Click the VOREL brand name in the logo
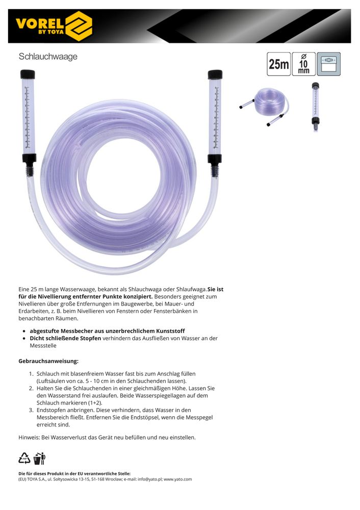click(40, 23)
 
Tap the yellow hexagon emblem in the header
click(79, 26)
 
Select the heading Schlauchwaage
click(48, 57)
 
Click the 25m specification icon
click(279, 64)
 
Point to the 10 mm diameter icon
click(303, 64)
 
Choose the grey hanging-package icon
click(328, 64)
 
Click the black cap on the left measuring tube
click(28, 74)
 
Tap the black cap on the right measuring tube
click(215, 74)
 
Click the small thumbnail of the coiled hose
click(264, 106)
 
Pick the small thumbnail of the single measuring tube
click(315, 107)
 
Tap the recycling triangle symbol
click(24, 458)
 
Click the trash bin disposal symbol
click(40, 458)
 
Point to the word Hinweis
click(29, 438)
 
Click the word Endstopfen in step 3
click(52, 410)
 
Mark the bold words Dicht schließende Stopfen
click(65, 338)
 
